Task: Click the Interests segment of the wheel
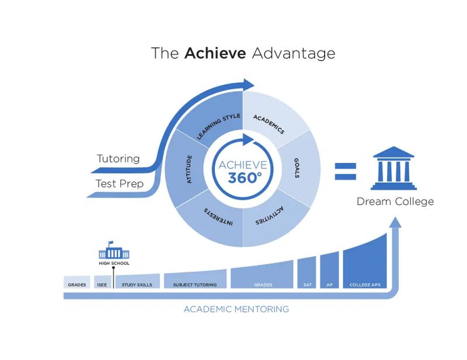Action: coord(214,218)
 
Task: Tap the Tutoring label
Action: coord(118,158)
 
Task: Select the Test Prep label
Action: coord(119,183)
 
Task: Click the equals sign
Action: coord(345,172)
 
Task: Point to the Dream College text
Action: coord(395,201)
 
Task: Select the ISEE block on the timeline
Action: coord(100,284)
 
